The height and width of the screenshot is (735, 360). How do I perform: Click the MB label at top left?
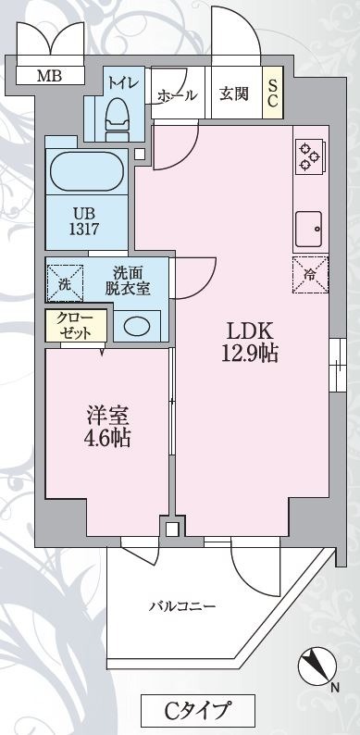(x=49, y=76)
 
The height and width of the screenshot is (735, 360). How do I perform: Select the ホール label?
(x=177, y=94)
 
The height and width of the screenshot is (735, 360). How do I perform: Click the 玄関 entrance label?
(x=233, y=93)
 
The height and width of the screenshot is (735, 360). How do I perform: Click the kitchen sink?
(x=308, y=224)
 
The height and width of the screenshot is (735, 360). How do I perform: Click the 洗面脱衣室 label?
(x=128, y=280)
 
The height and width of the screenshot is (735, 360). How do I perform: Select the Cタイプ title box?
(x=197, y=711)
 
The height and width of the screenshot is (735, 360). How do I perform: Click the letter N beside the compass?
(x=334, y=688)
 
